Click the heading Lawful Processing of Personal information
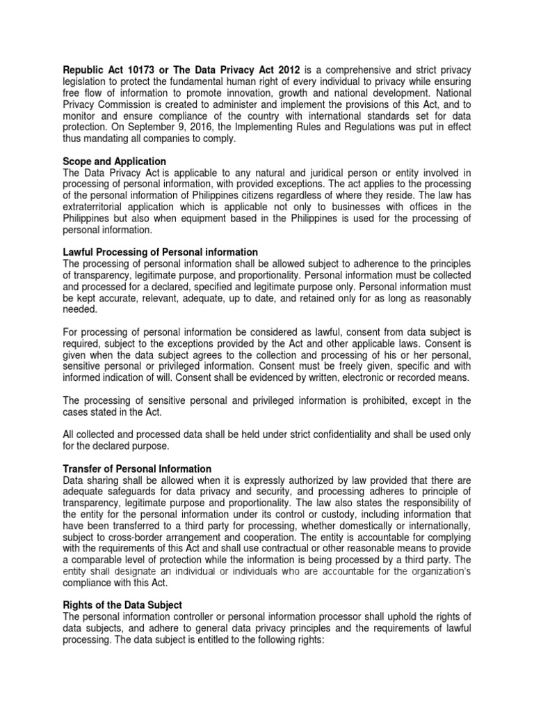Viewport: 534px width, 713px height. [x=161, y=251]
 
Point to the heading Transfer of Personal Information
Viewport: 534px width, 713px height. [x=137, y=469]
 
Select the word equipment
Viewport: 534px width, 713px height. [x=218, y=217]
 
